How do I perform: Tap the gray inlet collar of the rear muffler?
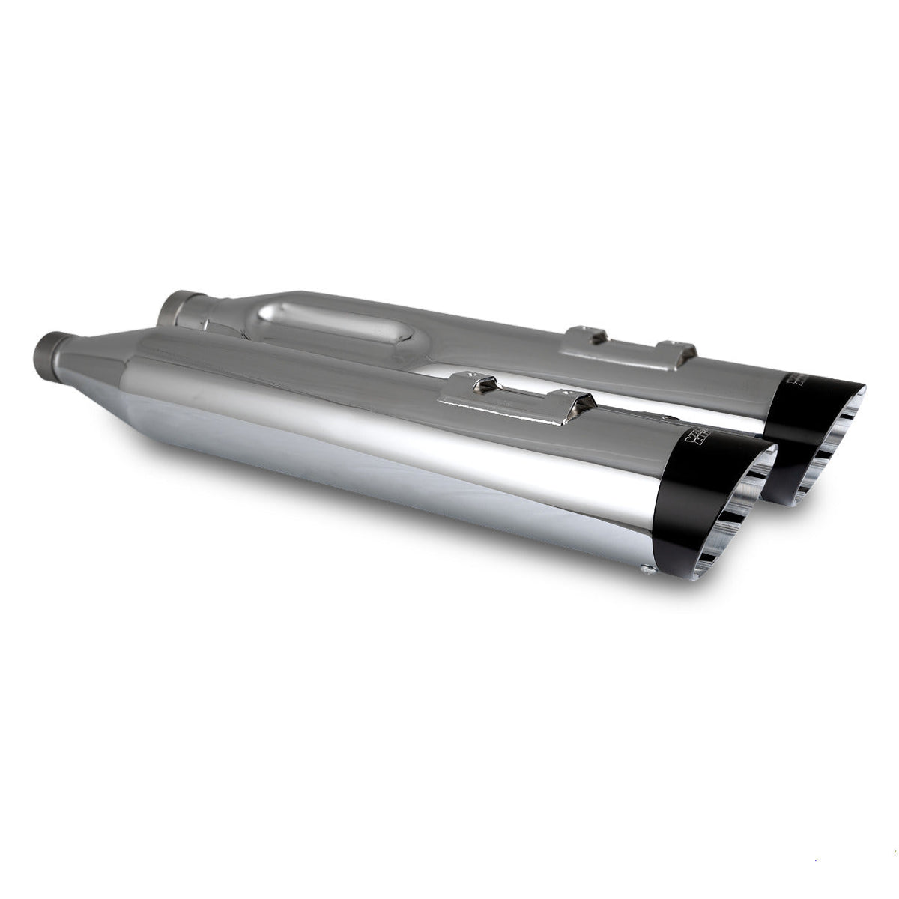coord(181,304)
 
